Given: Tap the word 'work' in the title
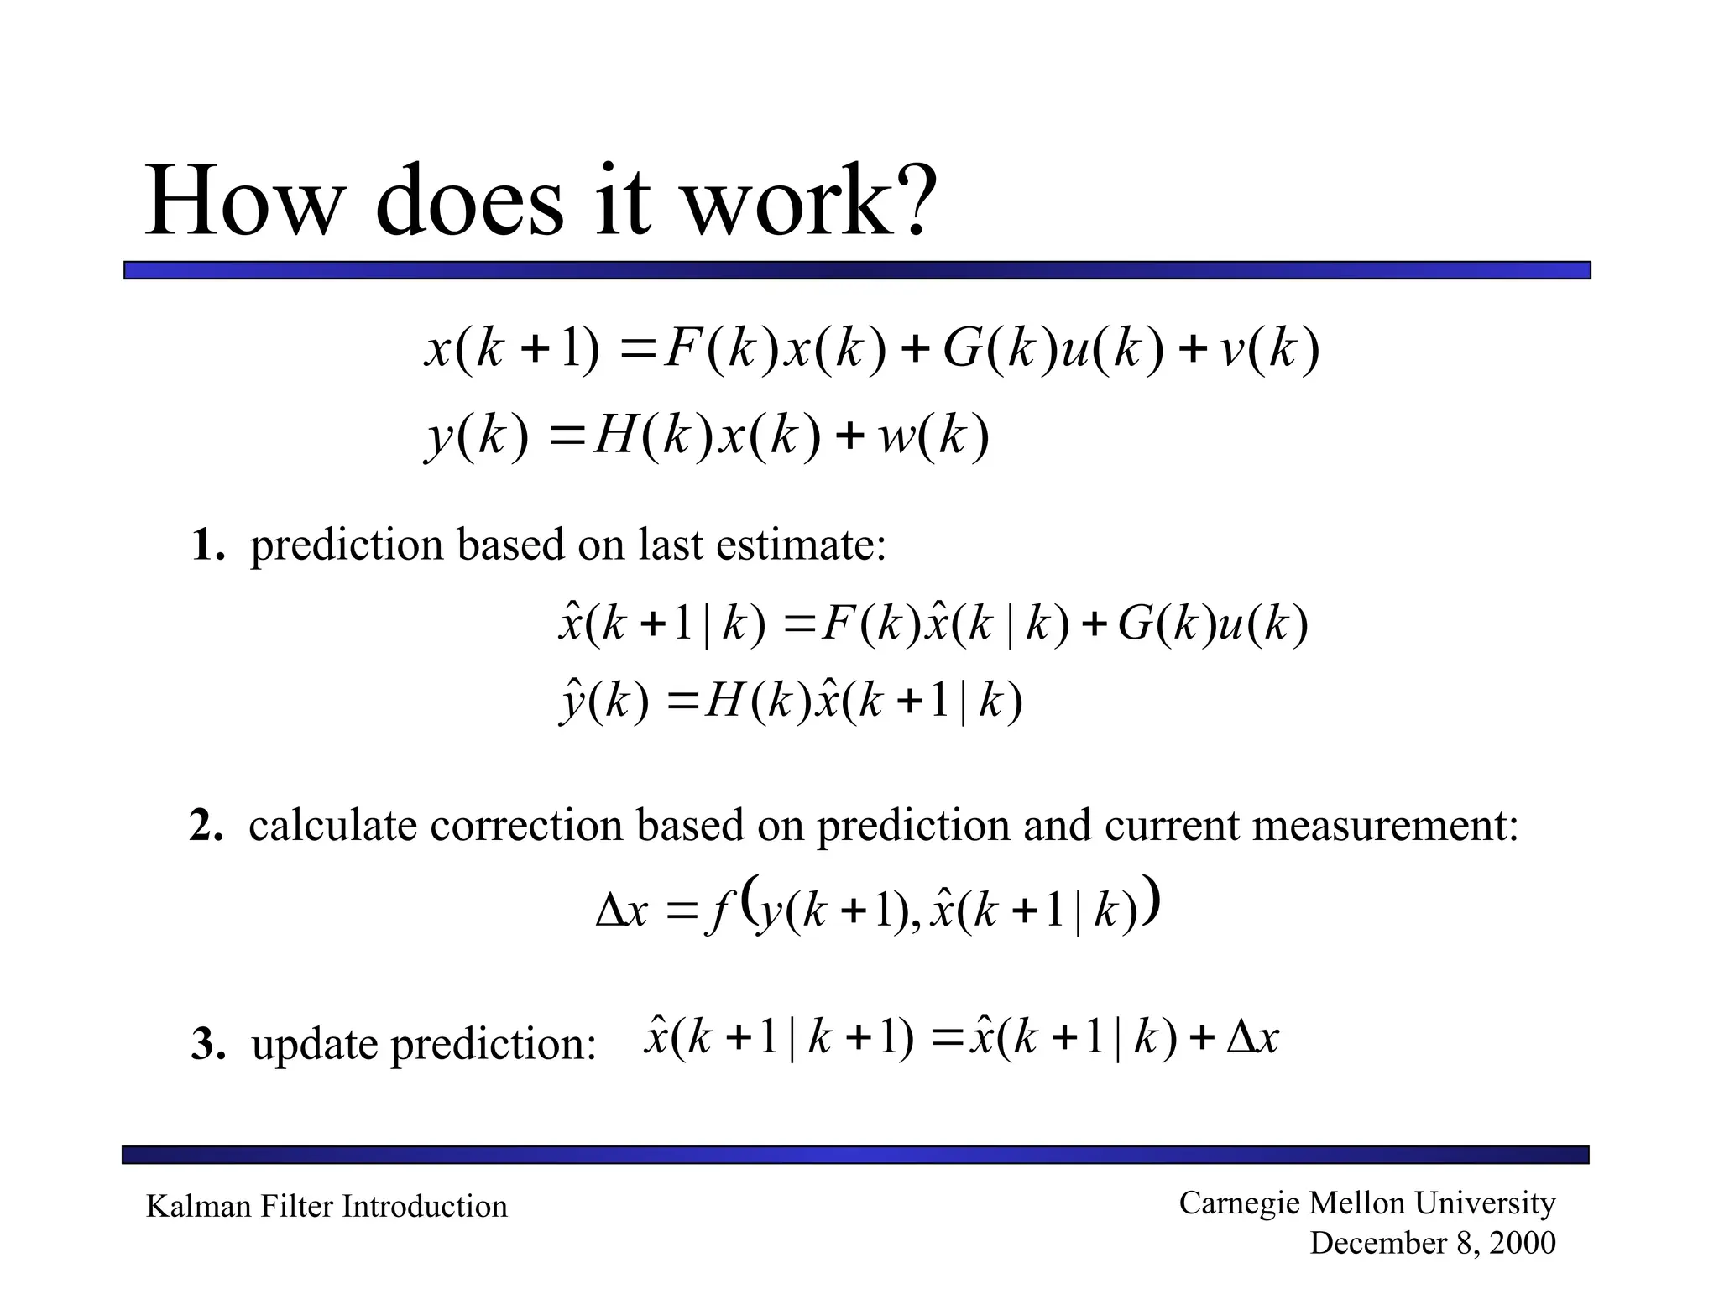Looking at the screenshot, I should point(781,201).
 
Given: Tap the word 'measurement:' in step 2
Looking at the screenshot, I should point(1385,826).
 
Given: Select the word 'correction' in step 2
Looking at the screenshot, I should point(526,826).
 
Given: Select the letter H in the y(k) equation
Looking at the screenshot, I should point(613,436).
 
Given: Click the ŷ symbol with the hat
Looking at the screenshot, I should point(572,702).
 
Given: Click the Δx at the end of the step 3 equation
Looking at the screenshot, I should point(1251,1039).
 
